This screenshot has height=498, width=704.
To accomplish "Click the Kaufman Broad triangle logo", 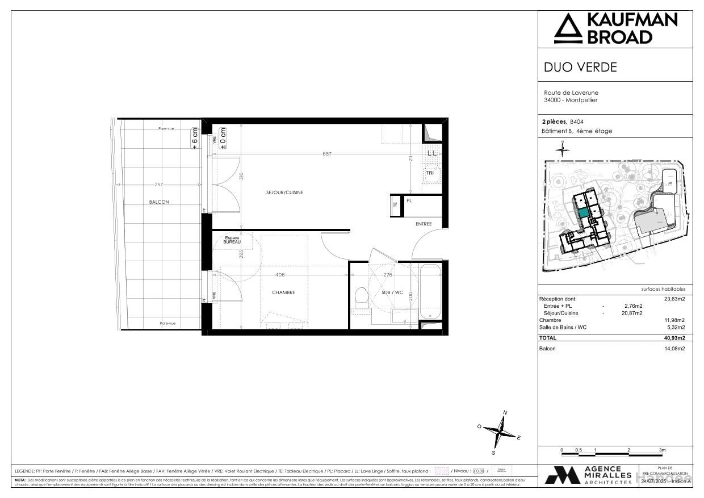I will [x=568, y=29].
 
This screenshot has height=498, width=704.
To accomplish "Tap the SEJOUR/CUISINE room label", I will [x=284, y=192].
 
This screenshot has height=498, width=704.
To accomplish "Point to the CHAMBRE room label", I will [x=283, y=292].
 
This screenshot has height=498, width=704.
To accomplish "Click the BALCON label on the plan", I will [x=159, y=202].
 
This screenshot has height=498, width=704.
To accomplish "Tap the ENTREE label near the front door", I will [x=424, y=224].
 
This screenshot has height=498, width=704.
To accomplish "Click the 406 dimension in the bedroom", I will [x=280, y=275].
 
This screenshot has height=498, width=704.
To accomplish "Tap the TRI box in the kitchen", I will [x=430, y=173].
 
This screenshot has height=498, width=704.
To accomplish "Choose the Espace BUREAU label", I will [x=232, y=240].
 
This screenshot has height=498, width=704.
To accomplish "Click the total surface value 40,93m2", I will [x=676, y=338].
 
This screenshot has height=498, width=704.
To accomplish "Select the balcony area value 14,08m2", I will [x=676, y=349].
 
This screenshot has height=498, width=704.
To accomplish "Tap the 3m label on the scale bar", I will [x=662, y=450].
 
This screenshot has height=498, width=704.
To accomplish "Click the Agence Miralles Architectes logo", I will [x=588, y=475].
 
